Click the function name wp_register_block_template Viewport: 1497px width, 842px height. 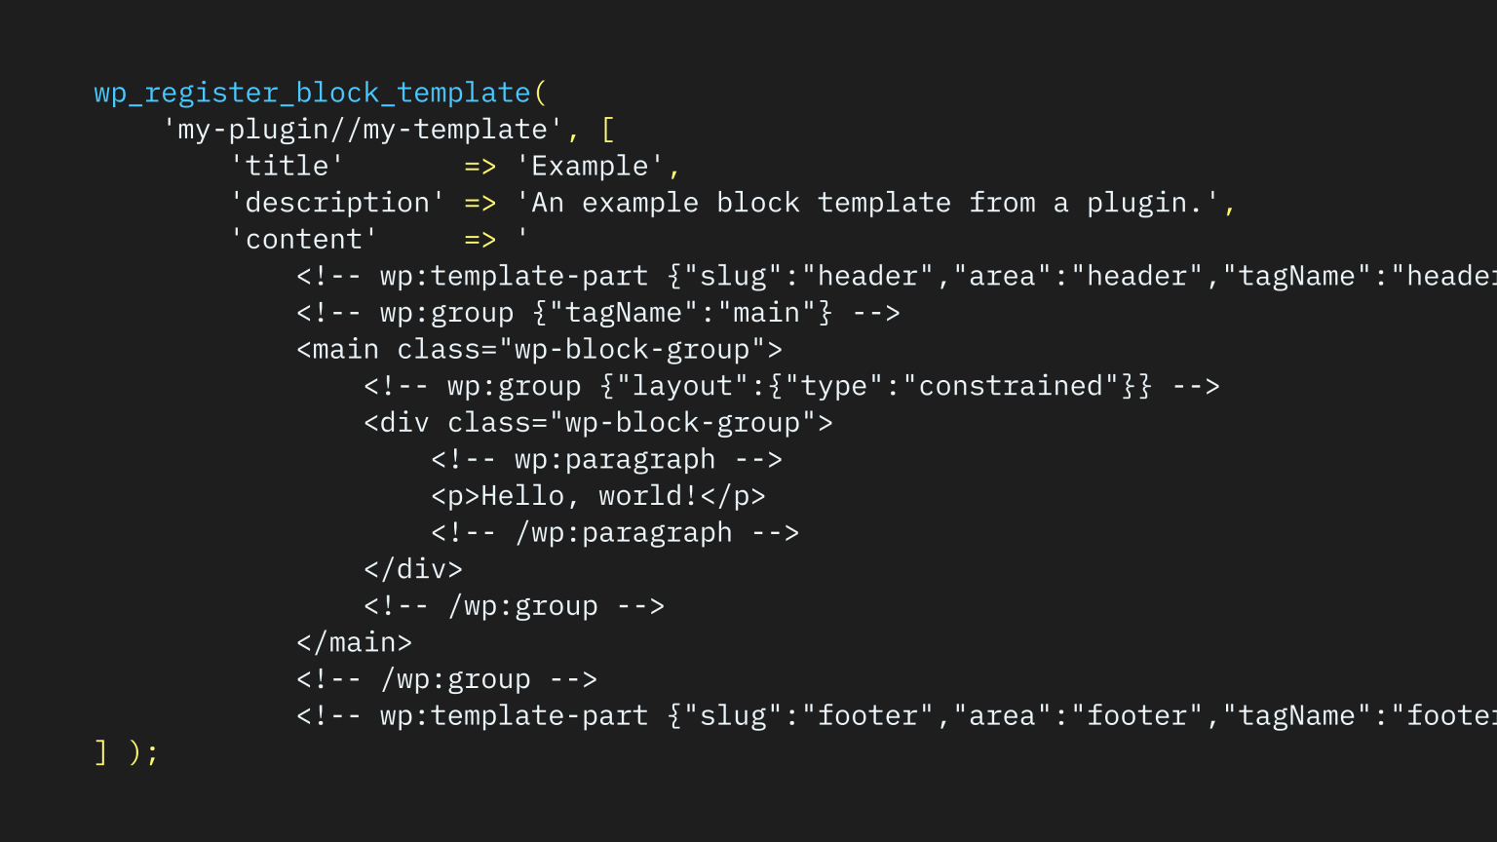(x=312, y=93)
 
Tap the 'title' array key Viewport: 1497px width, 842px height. (x=287, y=166)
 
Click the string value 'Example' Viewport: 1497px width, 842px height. (x=590, y=166)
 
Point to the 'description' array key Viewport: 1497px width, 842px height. (x=337, y=203)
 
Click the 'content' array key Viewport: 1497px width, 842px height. (x=304, y=239)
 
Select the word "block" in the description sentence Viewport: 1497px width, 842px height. (x=757, y=203)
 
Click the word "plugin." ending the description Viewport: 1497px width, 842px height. (x=1145, y=203)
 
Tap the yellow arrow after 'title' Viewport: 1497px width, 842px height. (x=480, y=167)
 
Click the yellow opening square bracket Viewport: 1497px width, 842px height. (x=607, y=130)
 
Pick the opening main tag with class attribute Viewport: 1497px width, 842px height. (x=539, y=350)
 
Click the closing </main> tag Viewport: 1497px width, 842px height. (x=354, y=642)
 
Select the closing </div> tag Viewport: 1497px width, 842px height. (x=413, y=569)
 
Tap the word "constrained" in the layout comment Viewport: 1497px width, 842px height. (x=1010, y=386)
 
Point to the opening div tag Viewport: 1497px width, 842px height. (x=598, y=423)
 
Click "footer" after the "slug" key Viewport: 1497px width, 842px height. (x=867, y=715)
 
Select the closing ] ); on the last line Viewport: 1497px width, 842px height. (x=127, y=752)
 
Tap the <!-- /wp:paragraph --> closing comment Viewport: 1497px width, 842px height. (x=615, y=533)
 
